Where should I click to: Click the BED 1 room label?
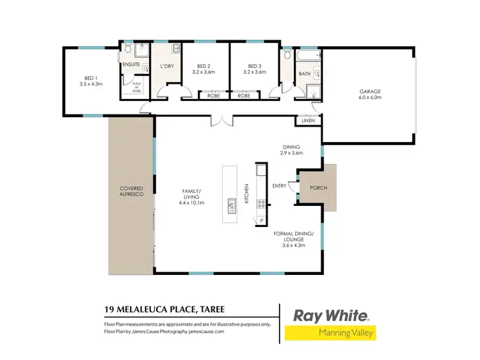point(90,81)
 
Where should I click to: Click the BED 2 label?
point(205,69)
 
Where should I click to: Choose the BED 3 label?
point(255,69)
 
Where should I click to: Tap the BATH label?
point(305,74)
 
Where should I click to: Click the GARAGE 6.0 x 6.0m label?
point(370,95)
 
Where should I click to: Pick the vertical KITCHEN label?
point(245,193)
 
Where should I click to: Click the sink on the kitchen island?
point(230,205)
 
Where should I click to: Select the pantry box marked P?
point(262,220)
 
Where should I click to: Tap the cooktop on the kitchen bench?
point(261,205)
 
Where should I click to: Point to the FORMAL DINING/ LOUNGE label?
point(293,240)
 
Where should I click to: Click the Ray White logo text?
point(330,315)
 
